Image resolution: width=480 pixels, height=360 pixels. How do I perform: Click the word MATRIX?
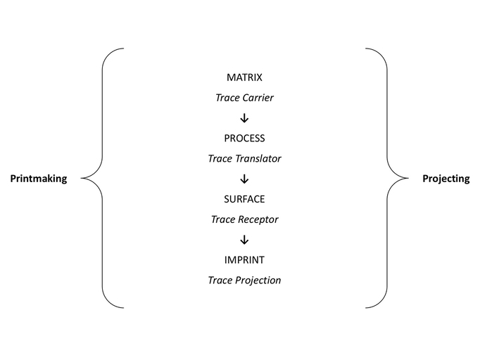[244, 77]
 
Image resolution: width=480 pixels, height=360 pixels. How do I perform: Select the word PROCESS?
[244, 139]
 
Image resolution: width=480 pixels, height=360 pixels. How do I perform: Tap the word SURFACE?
[244, 199]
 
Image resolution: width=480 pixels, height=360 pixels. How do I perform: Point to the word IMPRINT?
[244, 259]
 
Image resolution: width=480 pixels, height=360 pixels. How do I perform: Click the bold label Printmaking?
[39, 179]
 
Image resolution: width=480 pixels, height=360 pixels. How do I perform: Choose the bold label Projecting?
[446, 179]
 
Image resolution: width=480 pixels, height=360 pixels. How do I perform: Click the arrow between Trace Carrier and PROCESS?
[244, 118]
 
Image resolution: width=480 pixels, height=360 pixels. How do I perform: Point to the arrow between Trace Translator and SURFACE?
[244, 179]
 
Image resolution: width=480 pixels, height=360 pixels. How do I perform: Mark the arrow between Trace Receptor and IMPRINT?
[244, 240]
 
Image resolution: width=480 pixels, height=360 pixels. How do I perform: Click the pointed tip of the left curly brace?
[82, 178]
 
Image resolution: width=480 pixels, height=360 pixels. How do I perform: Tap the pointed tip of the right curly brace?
[408, 178]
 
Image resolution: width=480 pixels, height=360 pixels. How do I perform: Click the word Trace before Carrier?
[227, 98]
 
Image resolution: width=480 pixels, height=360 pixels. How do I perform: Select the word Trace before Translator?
[220, 158]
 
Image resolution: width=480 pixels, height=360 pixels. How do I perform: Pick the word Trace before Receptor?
[223, 219]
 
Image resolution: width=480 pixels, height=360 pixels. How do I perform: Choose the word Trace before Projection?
[220, 281]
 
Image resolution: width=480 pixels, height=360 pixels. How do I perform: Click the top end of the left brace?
[124, 49]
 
